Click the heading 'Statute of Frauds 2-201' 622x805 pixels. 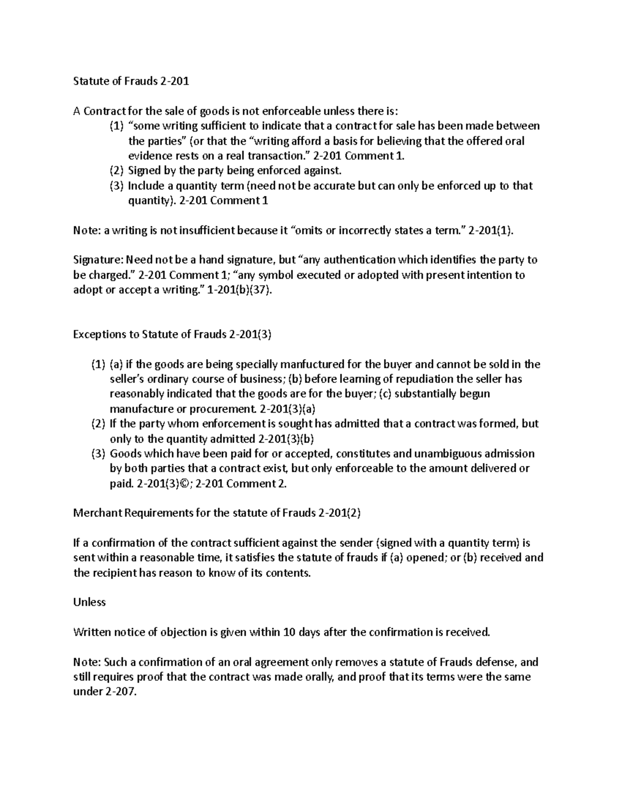[131, 81]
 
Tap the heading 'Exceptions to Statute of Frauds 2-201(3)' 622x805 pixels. [172, 334]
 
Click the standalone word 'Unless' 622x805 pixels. [89, 602]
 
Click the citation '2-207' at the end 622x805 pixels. [118, 692]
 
